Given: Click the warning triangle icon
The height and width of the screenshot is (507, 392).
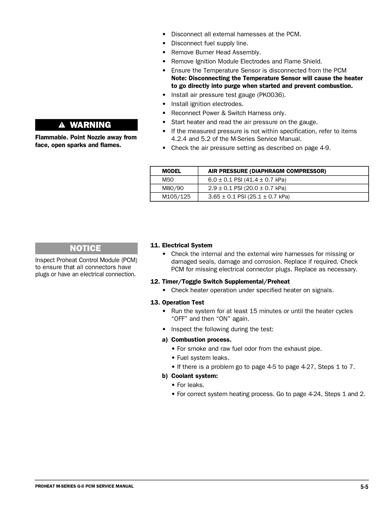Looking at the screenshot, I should pyautogui.click(x=62, y=125).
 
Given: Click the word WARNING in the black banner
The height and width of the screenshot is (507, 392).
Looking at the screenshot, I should pyautogui.click(x=90, y=125).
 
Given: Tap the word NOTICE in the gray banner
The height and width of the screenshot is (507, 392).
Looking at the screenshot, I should pyautogui.click(x=85, y=248).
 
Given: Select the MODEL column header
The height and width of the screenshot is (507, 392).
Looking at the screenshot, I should pyautogui.click(x=171, y=171).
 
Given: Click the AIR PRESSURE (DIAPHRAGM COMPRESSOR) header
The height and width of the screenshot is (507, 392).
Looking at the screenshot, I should pyautogui.click(x=267, y=171).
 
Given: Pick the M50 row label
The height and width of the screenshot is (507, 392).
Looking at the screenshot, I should pyautogui.click(x=168, y=180).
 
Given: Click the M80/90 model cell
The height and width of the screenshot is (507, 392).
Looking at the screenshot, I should pyautogui.click(x=173, y=188).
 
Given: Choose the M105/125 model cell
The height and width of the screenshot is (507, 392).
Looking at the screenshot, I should pyautogui.click(x=176, y=197).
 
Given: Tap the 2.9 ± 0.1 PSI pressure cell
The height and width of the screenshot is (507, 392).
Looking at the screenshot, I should pyautogui.click(x=247, y=188).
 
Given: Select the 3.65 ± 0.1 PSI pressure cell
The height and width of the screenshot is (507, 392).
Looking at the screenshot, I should pyautogui.click(x=248, y=197).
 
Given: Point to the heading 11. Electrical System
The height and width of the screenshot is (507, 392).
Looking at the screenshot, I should pyautogui.click(x=181, y=245).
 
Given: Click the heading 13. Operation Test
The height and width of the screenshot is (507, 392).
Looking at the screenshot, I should pyautogui.click(x=177, y=302).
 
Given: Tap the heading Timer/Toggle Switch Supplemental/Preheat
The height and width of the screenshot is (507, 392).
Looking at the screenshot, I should pyautogui.click(x=226, y=282).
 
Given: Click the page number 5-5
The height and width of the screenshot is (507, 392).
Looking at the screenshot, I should pyautogui.click(x=364, y=487).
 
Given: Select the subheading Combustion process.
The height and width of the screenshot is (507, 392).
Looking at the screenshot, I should pyautogui.click(x=201, y=340).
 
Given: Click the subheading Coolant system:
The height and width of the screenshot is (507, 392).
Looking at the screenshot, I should pyautogui.click(x=194, y=376).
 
